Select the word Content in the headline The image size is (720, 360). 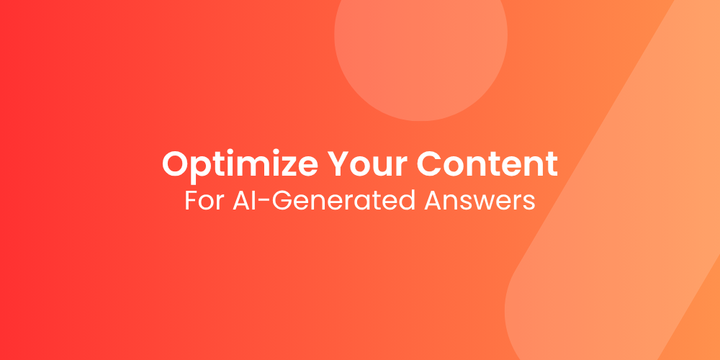tap(487, 164)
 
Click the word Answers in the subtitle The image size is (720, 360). tap(480, 200)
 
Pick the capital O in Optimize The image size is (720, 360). tap(176, 164)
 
